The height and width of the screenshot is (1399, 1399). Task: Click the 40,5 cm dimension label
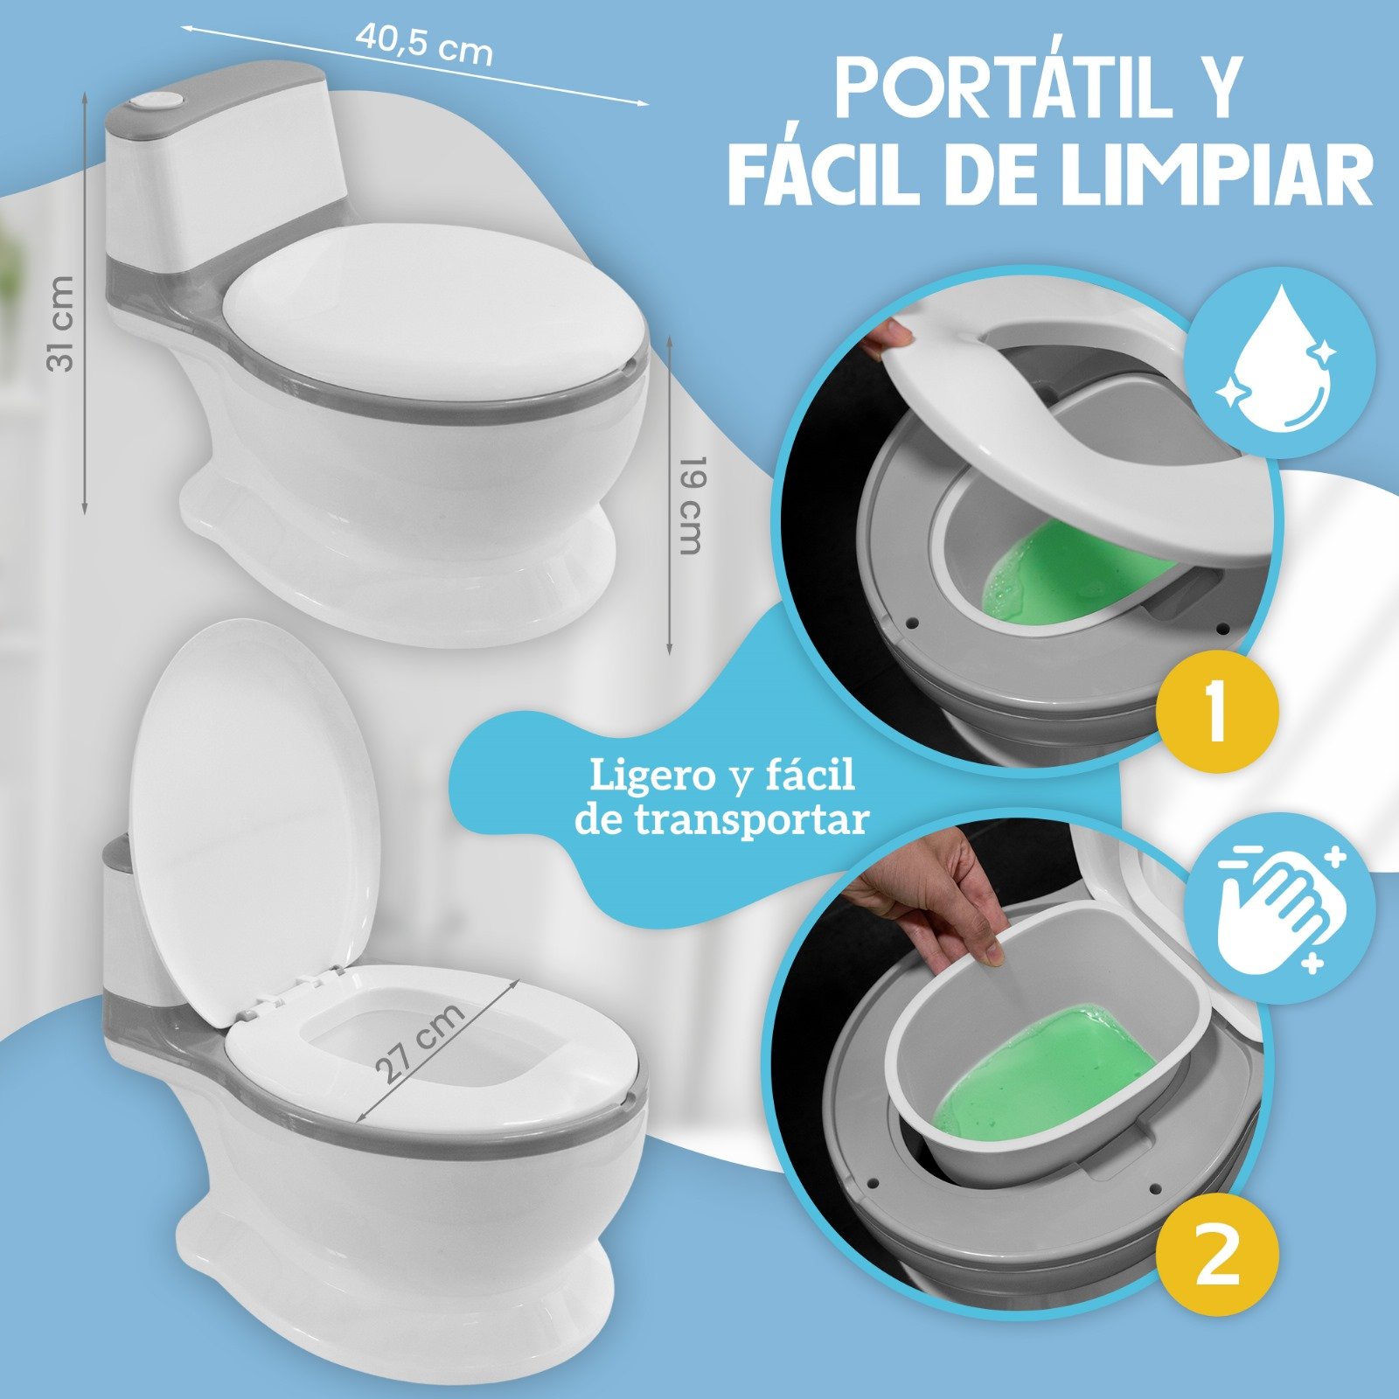click(x=424, y=43)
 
